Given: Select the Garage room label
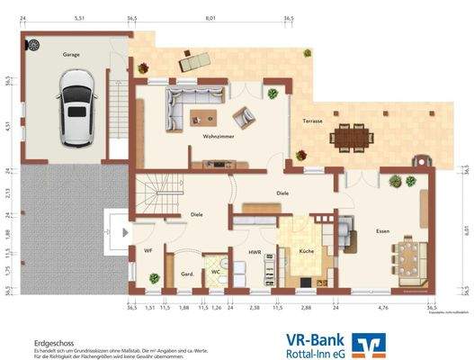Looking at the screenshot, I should click(x=70, y=55).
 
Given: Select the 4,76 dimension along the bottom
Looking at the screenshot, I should click(x=382, y=308).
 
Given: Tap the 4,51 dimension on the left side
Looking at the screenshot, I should click(x=8, y=126).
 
